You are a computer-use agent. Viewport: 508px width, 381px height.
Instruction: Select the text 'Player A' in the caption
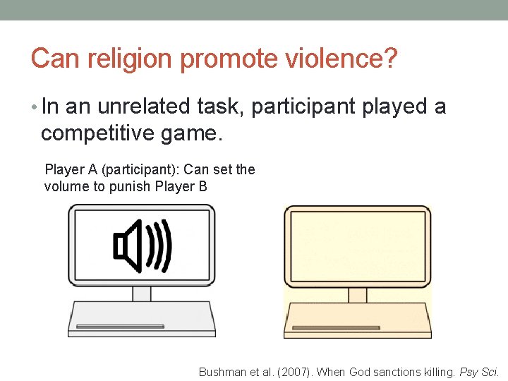click(x=68, y=170)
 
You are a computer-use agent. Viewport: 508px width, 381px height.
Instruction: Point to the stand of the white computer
click(x=142, y=294)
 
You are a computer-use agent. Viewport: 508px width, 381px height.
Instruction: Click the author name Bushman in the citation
click(x=221, y=372)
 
